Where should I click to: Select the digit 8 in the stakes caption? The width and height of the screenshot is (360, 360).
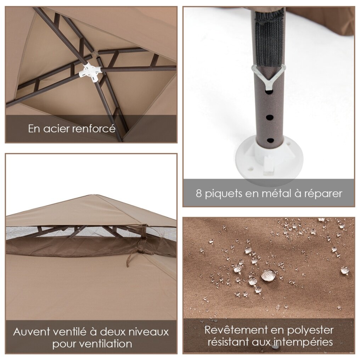point(199,193)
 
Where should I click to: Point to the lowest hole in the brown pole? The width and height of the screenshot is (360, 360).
point(270,140)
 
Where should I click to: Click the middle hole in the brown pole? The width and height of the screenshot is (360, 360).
point(270,117)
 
